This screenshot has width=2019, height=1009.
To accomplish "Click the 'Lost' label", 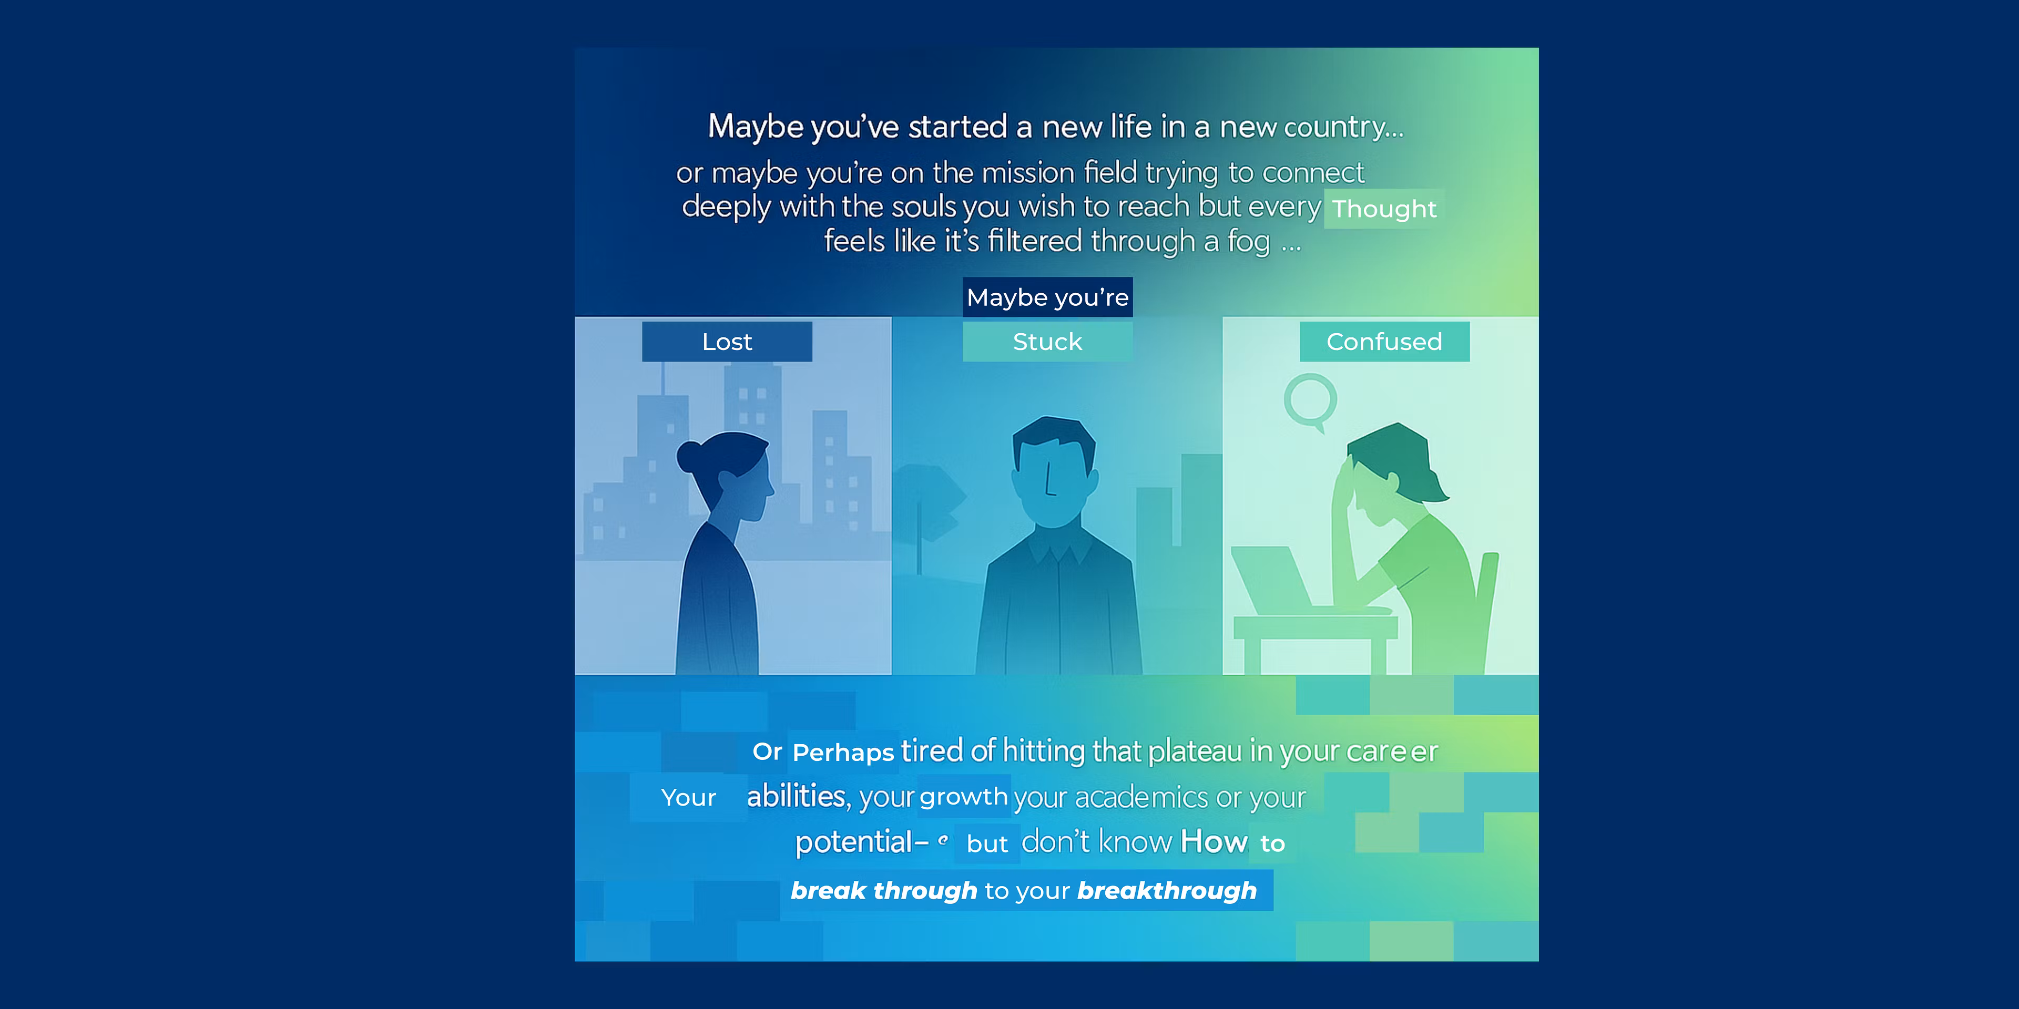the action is click(x=727, y=342).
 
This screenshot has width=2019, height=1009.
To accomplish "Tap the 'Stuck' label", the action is click(x=1047, y=342).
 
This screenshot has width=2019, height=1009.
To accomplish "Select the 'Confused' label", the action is click(x=1384, y=342).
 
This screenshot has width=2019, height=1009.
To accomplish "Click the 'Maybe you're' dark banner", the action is click(x=1047, y=297).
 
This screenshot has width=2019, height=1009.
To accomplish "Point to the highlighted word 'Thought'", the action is click(x=1384, y=209).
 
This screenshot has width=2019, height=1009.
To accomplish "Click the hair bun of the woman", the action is click(x=690, y=456).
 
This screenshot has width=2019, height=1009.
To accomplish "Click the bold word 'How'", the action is click(x=1214, y=841).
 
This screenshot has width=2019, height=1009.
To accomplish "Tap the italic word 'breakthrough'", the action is click(x=1166, y=891).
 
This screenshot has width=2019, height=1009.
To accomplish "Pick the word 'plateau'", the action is click(x=1195, y=751).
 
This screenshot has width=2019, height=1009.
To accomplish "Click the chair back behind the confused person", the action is click(x=1484, y=603).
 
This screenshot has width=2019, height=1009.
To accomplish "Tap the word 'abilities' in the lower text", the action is click(x=796, y=796).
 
